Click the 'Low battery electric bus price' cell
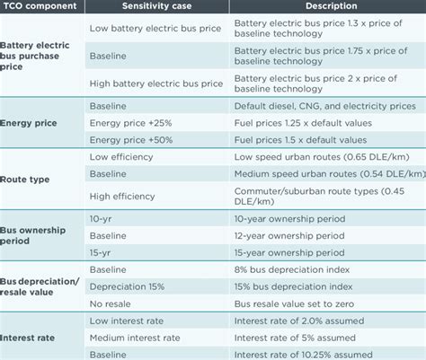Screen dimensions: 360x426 [x=149, y=27]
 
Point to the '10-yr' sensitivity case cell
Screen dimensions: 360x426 [x=102, y=218]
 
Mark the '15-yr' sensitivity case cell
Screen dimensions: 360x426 [x=102, y=252]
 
